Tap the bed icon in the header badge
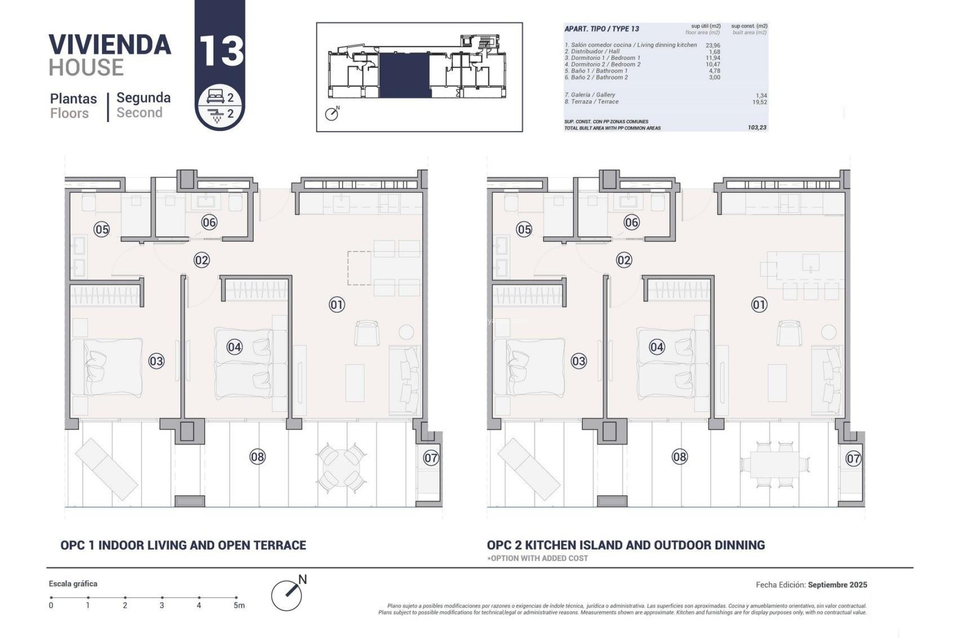coord(215,97)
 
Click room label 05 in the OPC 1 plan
coord(101,229)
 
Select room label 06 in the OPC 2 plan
coord(631,222)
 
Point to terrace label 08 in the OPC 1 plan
coord(257,456)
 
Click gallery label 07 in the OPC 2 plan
coord(853,458)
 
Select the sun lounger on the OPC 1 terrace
coord(106,469)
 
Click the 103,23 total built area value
coord(756,127)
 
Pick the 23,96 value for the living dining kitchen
coord(713,45)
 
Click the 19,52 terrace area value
coord(759,102)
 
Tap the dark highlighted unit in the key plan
coord(404,75)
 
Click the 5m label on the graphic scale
coord(239,605)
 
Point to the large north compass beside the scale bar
coord(287,594)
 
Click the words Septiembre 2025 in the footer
coord(837,584)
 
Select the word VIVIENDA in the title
coord(110,45)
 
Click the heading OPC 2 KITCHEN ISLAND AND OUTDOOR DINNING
coord(625,545)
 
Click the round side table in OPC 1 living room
coord(406,332)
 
